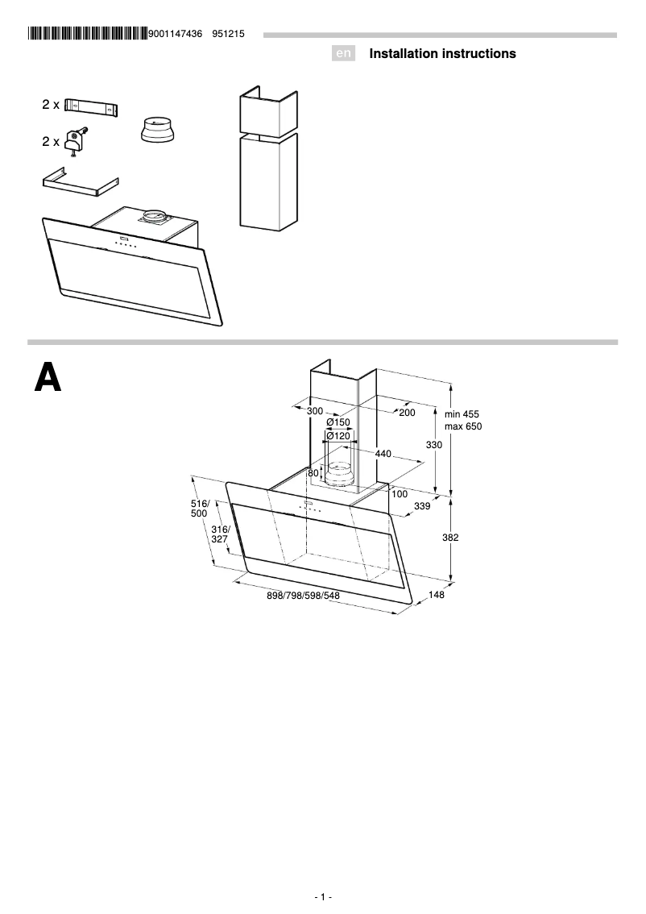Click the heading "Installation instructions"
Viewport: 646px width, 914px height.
(x=442, y=54)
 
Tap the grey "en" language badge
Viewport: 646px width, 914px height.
(x=344, y=54)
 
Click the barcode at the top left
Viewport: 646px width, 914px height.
(x=87, y=34)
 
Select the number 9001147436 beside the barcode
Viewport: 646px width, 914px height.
(x=176, y=34)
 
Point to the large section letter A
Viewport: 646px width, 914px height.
(x=48, y=377)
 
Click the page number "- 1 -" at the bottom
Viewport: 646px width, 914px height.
(x=323, y=897)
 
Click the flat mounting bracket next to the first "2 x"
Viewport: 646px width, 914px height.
(x=91, y=106)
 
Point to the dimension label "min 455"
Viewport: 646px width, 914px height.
(x=462, y=414)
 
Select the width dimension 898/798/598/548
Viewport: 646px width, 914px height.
(x=303, y=596)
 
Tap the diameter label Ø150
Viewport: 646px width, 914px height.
(x=338, y=422)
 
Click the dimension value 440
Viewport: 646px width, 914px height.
(x=383, y=454)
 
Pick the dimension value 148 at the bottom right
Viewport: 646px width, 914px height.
(x=437, y=596)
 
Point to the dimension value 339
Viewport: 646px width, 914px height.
(x=421, y=506)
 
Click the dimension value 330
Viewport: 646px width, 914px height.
(x=434, y=445)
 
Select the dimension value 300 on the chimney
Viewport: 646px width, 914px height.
(x=315, y=412)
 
